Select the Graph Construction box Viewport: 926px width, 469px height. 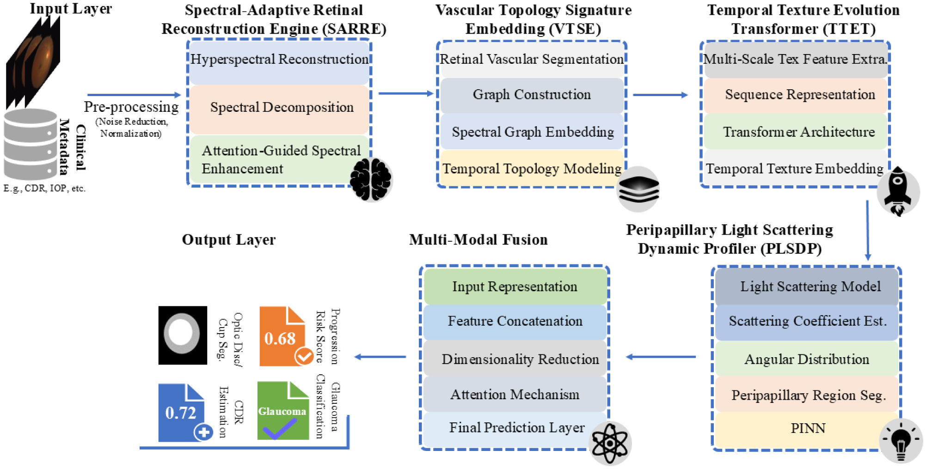[532, 95]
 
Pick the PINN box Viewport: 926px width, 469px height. [807, 429]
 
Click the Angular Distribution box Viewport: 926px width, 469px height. [807, 359]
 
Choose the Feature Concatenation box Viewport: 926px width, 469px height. [515, 322]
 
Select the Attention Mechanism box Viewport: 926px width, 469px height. [515, 395]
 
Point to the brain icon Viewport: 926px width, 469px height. [371, 179]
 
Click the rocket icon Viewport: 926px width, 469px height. [897, 191]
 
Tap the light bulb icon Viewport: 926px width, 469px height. [901, 441]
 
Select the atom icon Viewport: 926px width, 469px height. [610, 444]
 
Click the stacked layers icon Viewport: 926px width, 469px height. [638, 189]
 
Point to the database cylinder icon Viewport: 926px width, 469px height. [31, 144]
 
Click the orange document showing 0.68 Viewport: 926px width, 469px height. [282, 336]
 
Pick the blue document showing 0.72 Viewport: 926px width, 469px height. [182, 412]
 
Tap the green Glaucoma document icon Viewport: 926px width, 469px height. [283, 410]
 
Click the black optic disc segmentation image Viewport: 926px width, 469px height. [183, 335]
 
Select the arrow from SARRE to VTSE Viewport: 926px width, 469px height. [405, 94]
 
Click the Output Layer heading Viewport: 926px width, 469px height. [228, 240]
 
